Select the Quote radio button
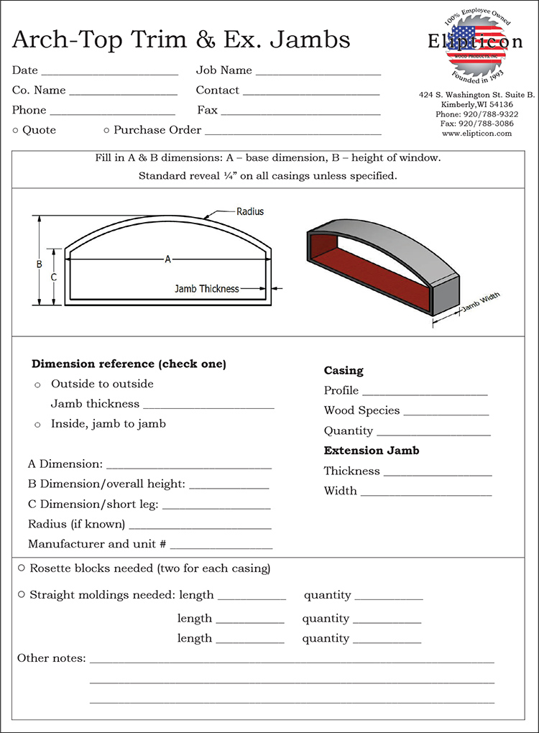(16, 130)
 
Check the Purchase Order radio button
(106, 130)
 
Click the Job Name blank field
(318, 72)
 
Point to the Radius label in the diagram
(250, 211)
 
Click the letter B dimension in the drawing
(40, 264)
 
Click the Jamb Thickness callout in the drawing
(207, 289)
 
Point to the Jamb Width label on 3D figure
(480, 303)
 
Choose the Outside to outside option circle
(37, 385)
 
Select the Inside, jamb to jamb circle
(37, 425)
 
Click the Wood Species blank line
(446, 412)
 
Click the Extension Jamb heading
(372, 451)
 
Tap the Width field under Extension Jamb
(425, 493)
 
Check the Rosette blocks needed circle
(22, 568)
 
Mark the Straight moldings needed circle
(22, 595)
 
